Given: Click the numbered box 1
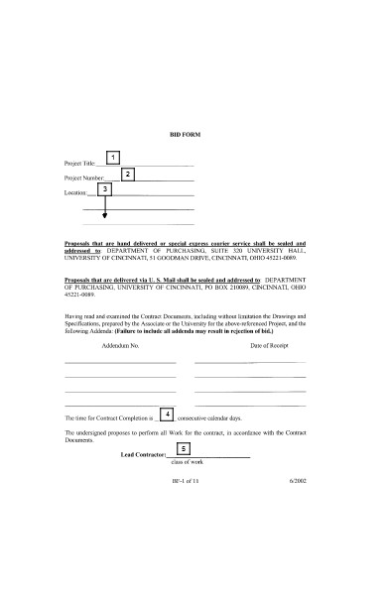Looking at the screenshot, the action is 113,158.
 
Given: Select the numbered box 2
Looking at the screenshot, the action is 128,174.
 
